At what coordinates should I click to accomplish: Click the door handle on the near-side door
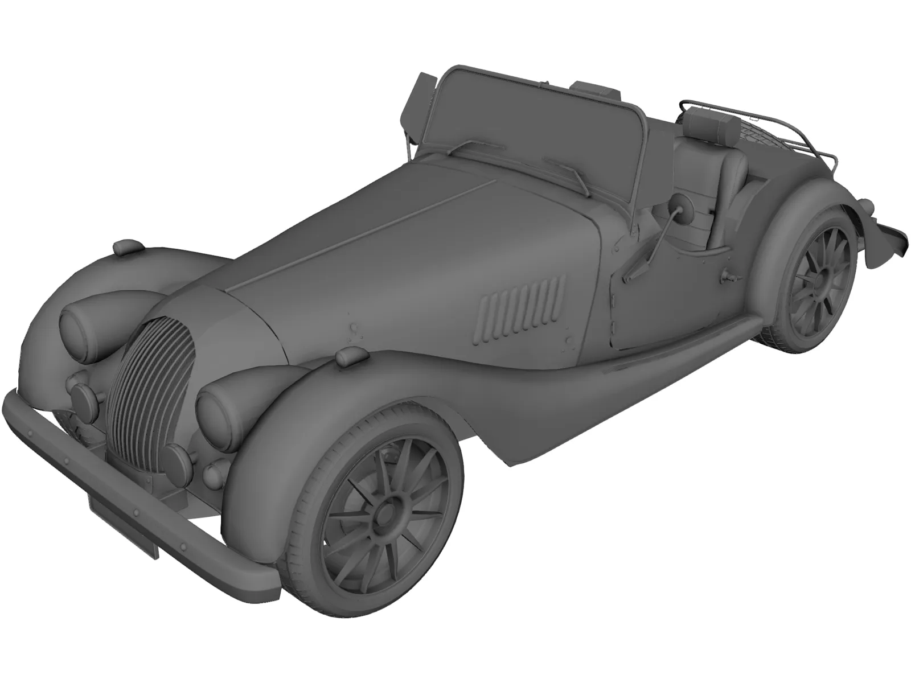tap(728, 277)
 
